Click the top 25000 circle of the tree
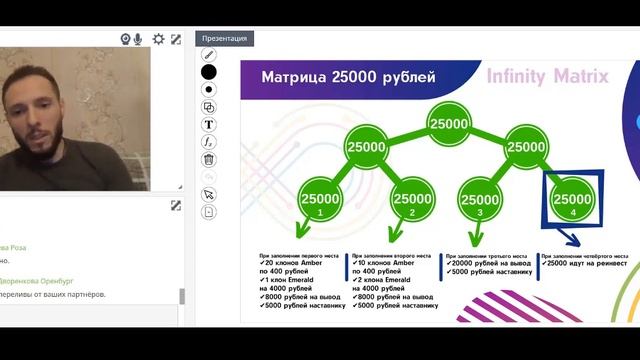(x=448, y=124)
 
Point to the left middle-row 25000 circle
(x=366, y=147)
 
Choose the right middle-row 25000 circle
(x=526, y=147)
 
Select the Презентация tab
(x=224, y=39)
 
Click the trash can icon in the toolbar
(x=209, y=159)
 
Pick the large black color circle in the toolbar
(x=209, y=72)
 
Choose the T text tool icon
(x=209, y=125)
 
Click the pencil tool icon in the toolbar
(x=209, y=54)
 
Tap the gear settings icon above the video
(x=158, y=39)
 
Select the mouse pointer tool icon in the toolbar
(x=209, y=194)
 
